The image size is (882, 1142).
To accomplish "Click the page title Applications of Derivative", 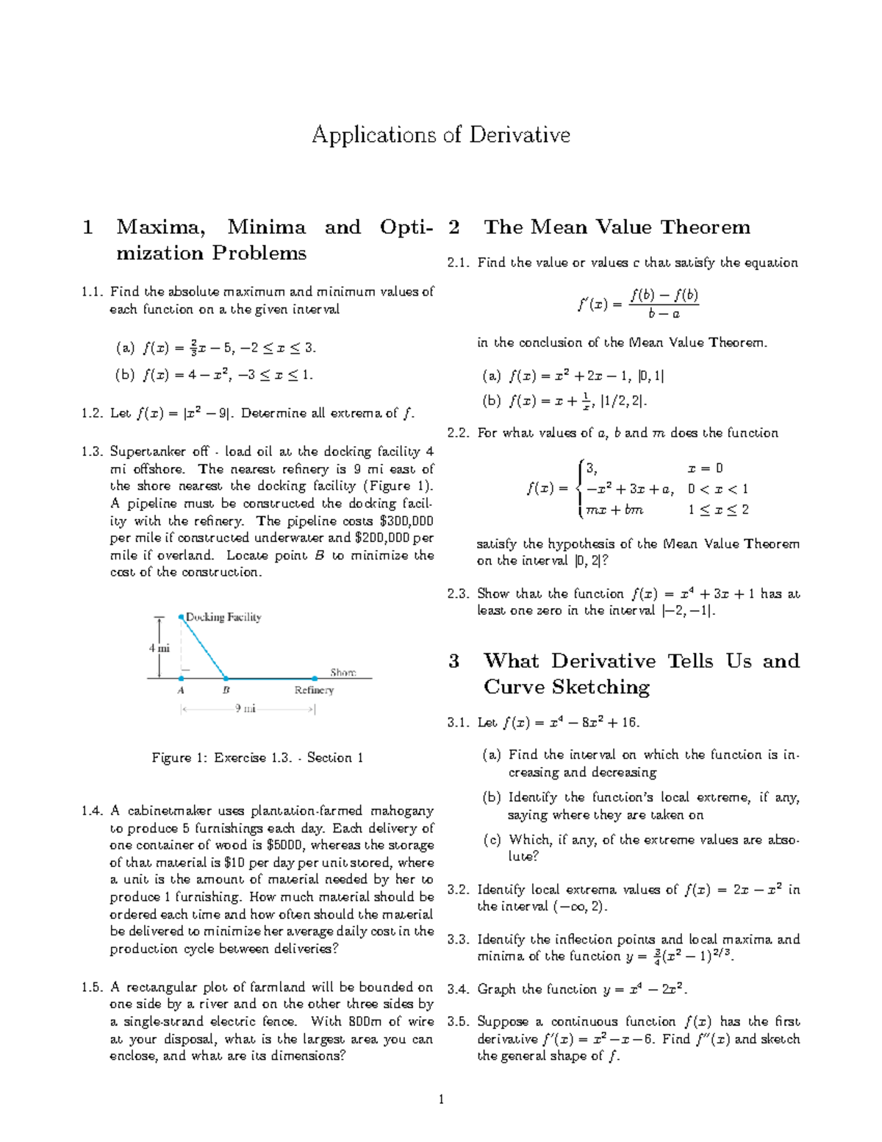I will [441, 135].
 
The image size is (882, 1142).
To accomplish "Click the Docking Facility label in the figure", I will [223, 617].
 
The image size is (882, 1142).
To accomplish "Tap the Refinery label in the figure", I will [314, 690].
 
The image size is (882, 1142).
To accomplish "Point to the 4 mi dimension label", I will [159, 649].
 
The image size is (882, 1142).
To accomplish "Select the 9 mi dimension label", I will [245, 709].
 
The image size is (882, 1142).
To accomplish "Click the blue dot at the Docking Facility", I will [182, 617].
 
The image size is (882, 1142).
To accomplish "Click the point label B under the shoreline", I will [226, 690].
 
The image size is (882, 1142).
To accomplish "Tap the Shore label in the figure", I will [343, 672].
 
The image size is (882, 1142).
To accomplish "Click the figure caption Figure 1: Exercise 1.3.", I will [257, 757].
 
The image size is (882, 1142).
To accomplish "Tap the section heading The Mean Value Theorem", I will [617, 227].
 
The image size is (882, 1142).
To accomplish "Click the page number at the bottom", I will [441, 1099].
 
